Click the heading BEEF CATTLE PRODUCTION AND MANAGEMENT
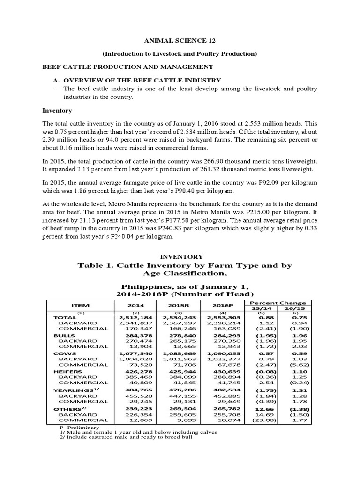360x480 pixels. [x=128, y=67]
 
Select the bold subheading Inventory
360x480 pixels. [x=57, y=110]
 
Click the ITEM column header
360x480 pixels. [x=80, y=305]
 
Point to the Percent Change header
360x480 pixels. [x=279, y=303]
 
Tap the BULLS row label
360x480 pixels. [x=64, y=336]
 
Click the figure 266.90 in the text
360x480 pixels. [x=237, y=160]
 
